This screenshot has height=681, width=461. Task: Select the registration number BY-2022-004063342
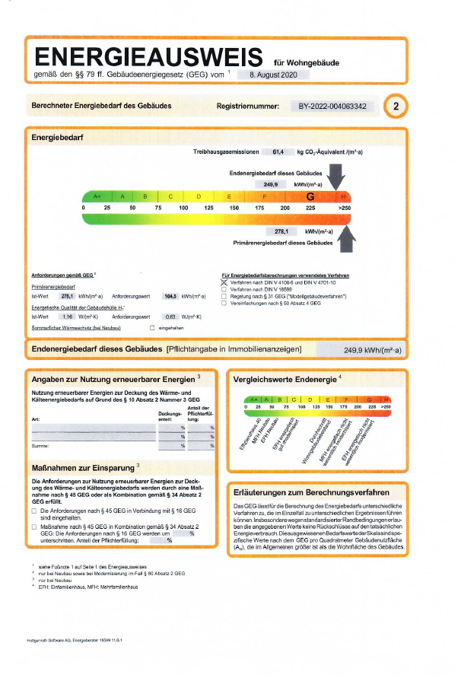click(x=332, y=107)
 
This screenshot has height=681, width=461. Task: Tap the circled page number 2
click(x=396, y=107)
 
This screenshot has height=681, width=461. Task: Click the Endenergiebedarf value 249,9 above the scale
click(x=271, y=184)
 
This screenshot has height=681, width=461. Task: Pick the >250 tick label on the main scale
click(x=345, y=208)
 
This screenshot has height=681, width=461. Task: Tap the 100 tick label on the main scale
click(x=183, y=208)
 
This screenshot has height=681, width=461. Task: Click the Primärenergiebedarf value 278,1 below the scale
click(x=282, y=231)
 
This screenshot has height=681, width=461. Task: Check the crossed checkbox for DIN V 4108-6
click(x=224, y=282)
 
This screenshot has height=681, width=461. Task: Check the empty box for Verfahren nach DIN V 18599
click(x=224, y=289)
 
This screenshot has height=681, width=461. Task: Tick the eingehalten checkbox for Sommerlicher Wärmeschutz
click(x=152, y=327)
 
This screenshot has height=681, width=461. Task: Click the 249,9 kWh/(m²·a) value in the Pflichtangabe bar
click(x=373, y=350)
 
